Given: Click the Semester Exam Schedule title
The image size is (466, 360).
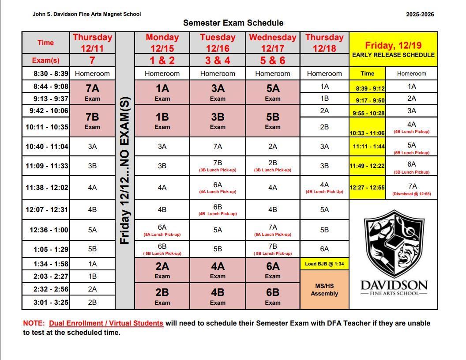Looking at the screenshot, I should click(233, 23).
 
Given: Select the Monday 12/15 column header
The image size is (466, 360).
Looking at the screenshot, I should click(162, 43).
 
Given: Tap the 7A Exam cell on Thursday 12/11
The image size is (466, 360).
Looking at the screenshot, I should click(92, 92).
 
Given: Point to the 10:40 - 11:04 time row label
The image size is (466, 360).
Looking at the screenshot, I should click(47, 146).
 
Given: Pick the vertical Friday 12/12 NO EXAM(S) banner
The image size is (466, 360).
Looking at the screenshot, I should click(124, 170).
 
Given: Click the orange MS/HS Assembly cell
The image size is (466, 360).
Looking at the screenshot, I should click(324, 290).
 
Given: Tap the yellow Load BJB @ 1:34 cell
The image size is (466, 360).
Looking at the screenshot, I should click(324, 264).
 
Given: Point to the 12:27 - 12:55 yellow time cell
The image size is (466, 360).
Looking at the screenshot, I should click(367, 188).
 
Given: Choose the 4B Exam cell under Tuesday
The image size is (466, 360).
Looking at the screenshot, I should click(218, 296).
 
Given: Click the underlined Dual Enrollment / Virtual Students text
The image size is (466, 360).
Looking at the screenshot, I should click(106, 323).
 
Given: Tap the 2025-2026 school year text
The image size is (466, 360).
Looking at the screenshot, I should click(420, 14).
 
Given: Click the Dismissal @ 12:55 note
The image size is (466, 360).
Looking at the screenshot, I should click(412, 194).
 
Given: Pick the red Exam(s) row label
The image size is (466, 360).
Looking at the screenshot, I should click(45, 61).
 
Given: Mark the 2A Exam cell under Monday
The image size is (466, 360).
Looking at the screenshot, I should click(162, 270).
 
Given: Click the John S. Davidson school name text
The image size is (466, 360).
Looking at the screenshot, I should click(86, 14).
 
